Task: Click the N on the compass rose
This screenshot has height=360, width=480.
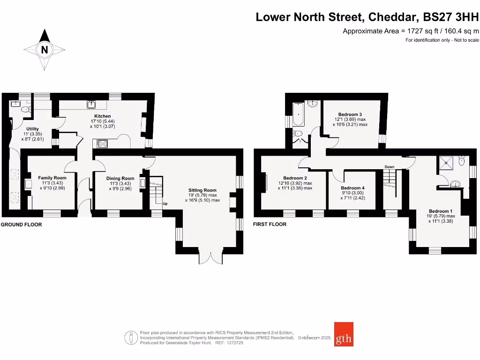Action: point(45,50)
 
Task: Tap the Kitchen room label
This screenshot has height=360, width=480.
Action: point(103,116)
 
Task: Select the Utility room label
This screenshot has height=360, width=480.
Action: point(33,129)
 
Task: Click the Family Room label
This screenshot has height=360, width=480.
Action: point(52,178)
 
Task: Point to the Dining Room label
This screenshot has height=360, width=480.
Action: point(120,179)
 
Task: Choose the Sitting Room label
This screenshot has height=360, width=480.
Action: point(203,190)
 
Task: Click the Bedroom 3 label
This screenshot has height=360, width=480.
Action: point(350,114)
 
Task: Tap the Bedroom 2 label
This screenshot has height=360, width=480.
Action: point(295,178)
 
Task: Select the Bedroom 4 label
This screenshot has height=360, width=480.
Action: point(352,188)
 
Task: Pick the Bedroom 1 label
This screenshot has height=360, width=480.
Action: point(441,211)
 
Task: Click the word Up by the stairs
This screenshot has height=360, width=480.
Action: point(165,204)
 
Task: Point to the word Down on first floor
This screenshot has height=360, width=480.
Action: point(389,167)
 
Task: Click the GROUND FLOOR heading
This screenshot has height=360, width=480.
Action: point(21,225)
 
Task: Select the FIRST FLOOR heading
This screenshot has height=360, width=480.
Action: point(270,225)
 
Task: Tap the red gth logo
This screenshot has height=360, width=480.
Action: point(344,334)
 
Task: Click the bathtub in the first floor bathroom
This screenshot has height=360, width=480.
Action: point(299,114)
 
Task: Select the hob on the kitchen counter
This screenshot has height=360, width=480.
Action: point(101,143)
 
